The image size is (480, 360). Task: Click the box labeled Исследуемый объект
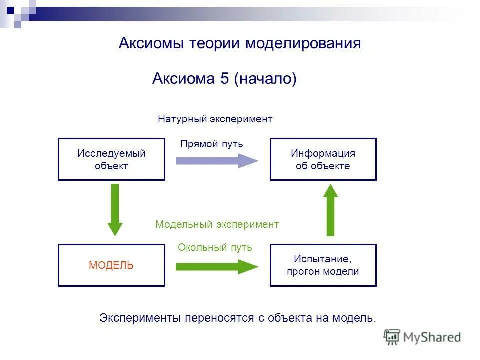111,159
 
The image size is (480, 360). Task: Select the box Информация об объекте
323,159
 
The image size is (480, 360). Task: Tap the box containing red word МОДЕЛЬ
111,265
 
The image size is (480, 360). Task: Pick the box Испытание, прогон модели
323,265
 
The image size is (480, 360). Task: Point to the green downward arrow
115,209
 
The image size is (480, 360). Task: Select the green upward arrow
330,209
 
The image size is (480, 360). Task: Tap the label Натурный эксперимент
215,119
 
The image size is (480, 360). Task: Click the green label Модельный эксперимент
217,224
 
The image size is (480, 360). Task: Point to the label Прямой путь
211,144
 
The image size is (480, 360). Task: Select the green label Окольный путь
215,247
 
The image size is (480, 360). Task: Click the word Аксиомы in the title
151,43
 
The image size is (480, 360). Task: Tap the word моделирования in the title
303,43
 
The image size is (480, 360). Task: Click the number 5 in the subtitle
224,78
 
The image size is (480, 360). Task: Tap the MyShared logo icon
392,337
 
